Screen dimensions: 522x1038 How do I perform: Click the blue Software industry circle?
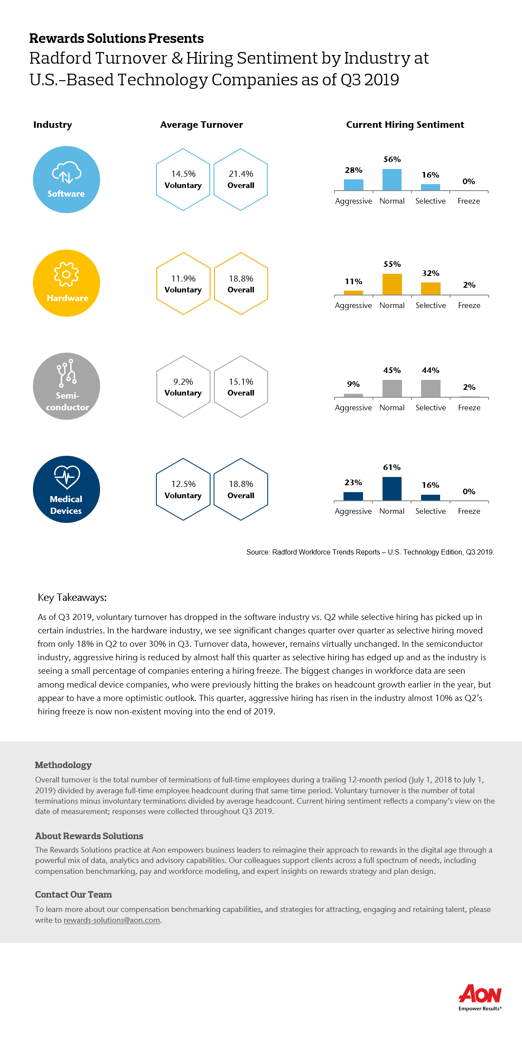66,179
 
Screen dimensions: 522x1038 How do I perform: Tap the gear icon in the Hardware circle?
66,274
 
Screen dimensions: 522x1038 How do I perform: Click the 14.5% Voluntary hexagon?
183,179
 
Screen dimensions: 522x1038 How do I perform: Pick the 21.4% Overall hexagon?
241,179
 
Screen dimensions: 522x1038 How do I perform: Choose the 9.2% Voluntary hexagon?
183,386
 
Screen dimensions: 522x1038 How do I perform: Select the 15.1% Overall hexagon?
241,386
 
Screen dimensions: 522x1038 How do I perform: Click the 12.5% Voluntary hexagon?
183,489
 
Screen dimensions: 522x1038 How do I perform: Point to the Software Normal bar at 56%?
392,180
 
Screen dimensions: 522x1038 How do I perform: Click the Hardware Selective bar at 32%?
431,289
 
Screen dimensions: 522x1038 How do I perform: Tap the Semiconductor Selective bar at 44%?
431,389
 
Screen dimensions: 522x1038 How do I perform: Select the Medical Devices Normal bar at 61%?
392,489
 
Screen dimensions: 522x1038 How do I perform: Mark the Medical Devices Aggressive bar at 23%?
353,496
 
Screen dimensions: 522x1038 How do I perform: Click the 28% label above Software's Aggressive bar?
353,170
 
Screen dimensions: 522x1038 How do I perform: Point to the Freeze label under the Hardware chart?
469,305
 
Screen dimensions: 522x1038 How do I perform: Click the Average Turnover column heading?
201,125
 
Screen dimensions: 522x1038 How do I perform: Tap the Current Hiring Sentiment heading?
405,125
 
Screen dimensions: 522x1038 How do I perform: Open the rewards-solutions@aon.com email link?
112,920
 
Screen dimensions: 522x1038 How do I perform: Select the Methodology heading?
63,765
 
